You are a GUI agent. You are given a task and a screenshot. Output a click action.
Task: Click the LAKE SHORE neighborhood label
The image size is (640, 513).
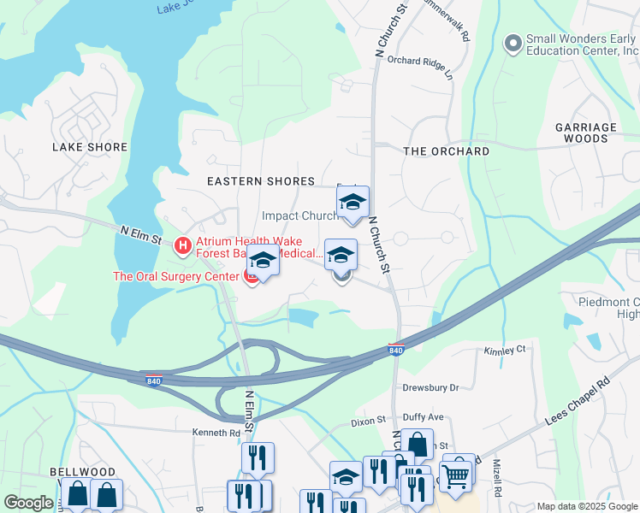tap(90, 147)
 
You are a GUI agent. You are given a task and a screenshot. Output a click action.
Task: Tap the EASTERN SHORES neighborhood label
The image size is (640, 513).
tap(261, 181)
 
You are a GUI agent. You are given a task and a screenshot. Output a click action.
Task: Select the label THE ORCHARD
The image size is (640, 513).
tap(446, 151)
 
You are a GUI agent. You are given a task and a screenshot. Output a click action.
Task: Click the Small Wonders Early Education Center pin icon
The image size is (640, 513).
tap(513, 43)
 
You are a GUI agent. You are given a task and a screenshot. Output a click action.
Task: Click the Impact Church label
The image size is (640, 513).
tap(299, 216)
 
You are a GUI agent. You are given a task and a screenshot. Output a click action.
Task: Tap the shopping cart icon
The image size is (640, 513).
tap(457, 475)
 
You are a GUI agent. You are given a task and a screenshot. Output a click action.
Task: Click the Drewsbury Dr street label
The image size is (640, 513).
tap(430, 387)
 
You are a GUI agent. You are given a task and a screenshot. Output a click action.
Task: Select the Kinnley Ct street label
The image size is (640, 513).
tap(504, 351)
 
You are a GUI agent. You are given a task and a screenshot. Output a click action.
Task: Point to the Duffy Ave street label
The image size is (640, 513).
tap(423, 417)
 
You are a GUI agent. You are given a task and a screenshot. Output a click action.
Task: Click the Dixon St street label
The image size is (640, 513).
tap(370, 422)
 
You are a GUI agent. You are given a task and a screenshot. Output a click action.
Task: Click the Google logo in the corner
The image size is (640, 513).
tap(28, 503)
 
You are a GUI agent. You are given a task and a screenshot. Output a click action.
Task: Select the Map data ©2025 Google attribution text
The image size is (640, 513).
tap(585, 506)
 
